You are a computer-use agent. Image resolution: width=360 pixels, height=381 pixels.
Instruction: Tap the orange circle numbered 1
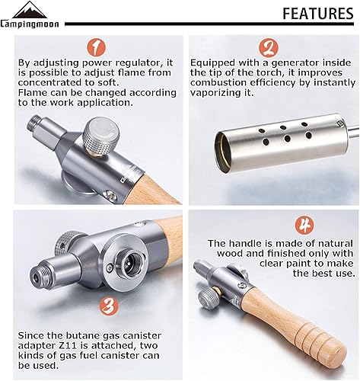(95, 49)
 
